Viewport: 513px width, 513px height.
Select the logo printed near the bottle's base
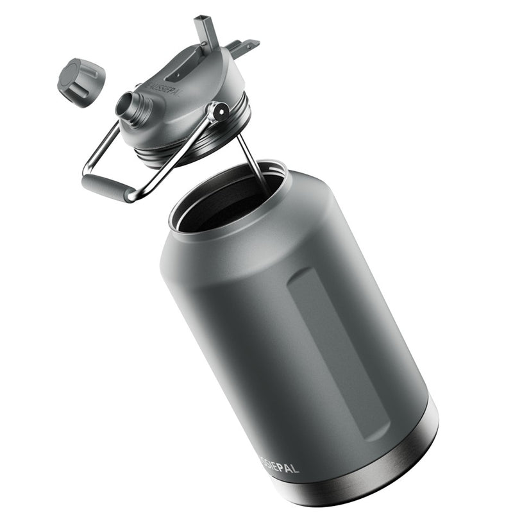[x=280, y=466]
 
